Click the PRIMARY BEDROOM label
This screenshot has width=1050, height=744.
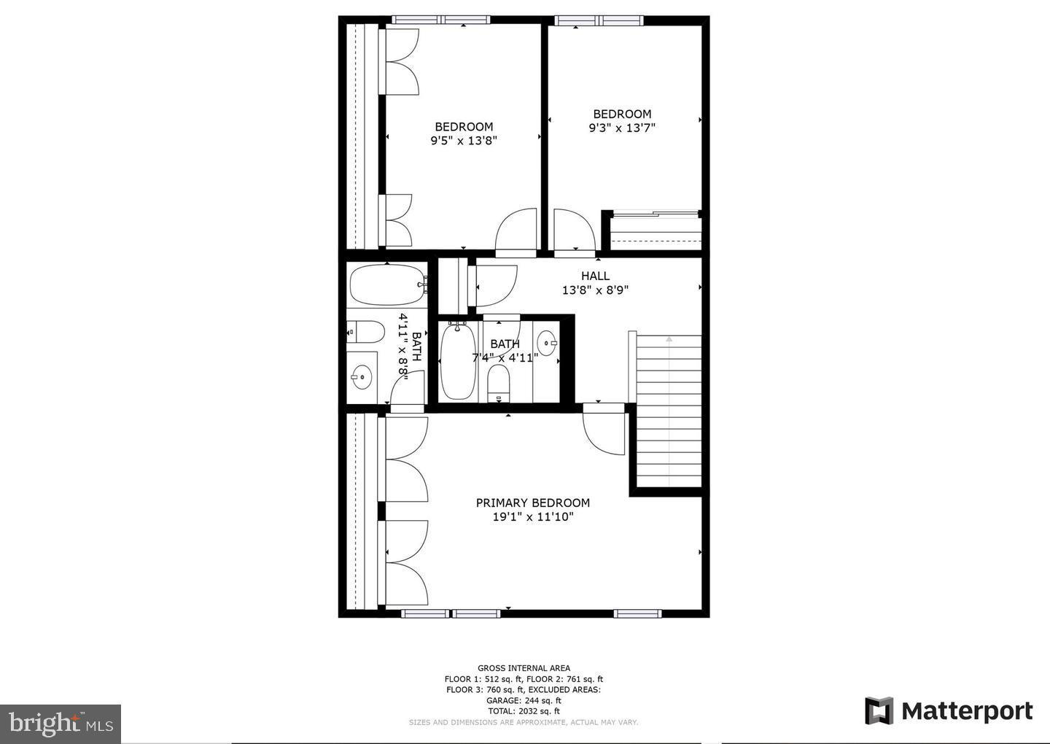point(532,503)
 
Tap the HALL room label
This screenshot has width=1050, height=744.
point(595,276)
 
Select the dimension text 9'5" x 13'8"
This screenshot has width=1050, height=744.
point(464,141)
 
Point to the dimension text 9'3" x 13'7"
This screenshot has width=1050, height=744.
point(622,128)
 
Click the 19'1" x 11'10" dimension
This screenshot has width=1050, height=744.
point(533,517)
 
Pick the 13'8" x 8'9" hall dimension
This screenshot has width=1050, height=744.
point(595,290)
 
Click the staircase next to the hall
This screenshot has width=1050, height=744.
point(669,412)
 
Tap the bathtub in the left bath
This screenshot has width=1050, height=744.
point(386,285)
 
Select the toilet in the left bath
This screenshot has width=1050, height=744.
point(367,332)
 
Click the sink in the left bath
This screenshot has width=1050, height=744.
point(361,377)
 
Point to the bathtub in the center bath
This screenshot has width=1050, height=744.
point(458,362)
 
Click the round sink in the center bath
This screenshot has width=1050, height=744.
point(547,342)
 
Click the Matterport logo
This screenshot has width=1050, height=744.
point(949,710)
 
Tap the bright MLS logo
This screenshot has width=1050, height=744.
point(61,724)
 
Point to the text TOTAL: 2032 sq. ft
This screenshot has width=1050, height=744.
point(524,711)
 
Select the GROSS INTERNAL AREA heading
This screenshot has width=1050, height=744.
point(524,668)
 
